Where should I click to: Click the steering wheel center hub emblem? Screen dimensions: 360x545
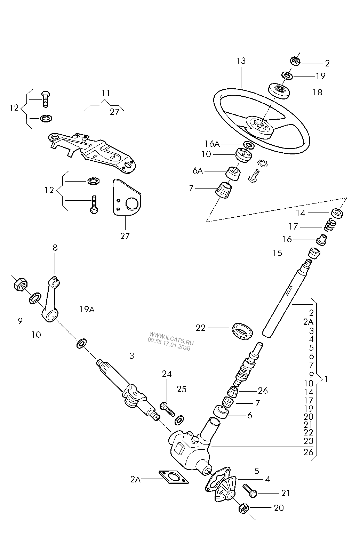[x=260, y=126]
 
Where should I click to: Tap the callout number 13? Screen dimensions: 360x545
[x=241, y=61]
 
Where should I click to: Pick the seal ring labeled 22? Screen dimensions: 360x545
[x=241, y=331]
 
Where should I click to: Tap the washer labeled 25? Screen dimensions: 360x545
[x=179, y=420]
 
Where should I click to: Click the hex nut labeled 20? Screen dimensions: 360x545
[x=244, y=508]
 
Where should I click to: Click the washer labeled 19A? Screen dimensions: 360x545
[x=81, y=343]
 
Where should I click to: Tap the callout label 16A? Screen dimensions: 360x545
[x=212, y=144]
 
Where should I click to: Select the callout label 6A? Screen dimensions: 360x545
[x=198, y=170]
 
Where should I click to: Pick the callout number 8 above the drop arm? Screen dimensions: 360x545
[x=55, y=248]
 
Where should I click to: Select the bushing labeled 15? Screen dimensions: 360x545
[x=314, y=253]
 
